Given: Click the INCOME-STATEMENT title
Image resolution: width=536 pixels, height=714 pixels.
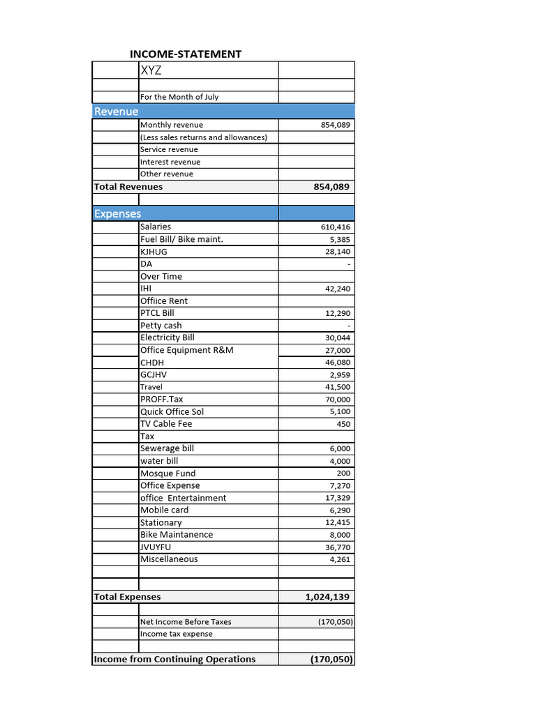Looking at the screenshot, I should coord(186,54).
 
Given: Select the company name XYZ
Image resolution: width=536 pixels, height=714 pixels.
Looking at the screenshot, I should coord(151,70).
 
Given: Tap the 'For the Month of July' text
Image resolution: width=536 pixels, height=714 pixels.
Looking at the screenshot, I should coord(179,97).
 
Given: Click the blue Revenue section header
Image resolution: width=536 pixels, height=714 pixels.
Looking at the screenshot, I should coord(117,112).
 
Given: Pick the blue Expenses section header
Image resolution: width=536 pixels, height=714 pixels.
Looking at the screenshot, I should coord(118,214).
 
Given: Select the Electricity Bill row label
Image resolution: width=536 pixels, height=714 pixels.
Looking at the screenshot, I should coord(167,337).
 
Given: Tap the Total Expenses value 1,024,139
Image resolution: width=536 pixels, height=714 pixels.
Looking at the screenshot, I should coord(327,597).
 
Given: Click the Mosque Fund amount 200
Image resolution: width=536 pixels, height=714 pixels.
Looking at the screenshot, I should coord(343,473).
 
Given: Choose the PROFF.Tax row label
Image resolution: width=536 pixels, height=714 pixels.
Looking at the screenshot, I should coord(162,400).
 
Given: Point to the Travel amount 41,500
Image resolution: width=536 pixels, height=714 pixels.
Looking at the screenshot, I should coord(338,387).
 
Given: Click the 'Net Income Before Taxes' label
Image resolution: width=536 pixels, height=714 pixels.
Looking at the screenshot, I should coord(186,622).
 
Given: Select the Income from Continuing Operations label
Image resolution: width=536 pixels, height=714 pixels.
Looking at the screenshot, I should coord(174,660).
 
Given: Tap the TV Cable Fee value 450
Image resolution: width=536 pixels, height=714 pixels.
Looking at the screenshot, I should coord(343,424).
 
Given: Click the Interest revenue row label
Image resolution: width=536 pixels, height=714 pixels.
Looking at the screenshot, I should coord(170,162).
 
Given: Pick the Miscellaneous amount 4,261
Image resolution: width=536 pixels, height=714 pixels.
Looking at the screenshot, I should coord(340,559).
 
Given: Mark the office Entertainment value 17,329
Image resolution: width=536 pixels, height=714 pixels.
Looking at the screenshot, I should coord(338,498).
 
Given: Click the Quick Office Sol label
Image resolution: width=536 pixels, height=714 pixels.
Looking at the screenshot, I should coord(172,411).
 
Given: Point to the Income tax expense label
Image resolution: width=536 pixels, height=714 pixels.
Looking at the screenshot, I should coord(177,634).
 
